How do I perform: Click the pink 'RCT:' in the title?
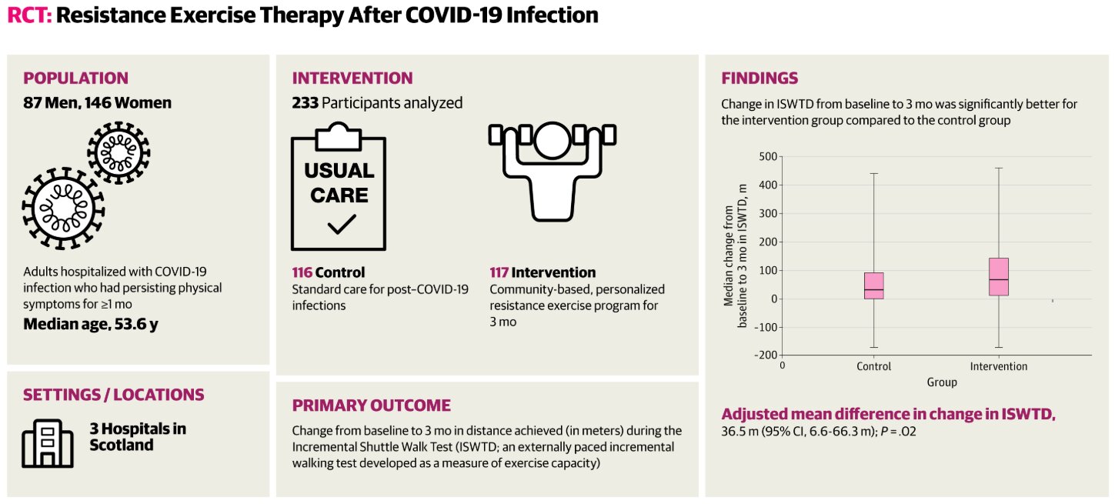(29, 16)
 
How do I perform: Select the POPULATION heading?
(75, 78)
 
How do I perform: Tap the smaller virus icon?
(119, 151)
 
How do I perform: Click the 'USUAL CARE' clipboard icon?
(339, 189)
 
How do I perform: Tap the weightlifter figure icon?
(552, 171)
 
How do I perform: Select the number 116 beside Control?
(302, 272)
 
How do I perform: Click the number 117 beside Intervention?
(499, 272)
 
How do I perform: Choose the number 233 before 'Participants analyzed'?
(305, 102)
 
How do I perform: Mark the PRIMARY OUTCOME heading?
(371, 406)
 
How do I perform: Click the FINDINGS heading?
(759, 78)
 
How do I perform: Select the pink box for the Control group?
(874, 285)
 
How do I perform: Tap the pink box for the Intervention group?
(999, 277)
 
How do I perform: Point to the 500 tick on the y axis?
(768, 156)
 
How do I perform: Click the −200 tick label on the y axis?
(764, 355)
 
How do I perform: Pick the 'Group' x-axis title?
(942, 382)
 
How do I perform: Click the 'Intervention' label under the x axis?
(999, 366)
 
